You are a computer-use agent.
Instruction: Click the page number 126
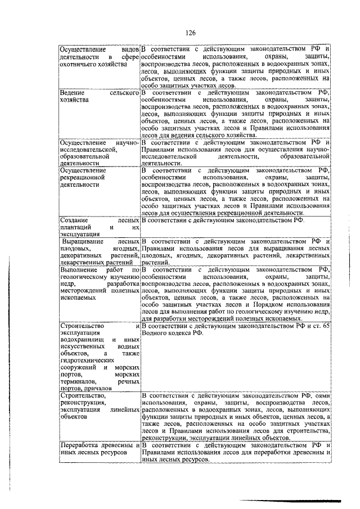[x=190, y=34]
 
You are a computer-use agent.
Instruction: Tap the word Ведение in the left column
[x=73, y=92]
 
